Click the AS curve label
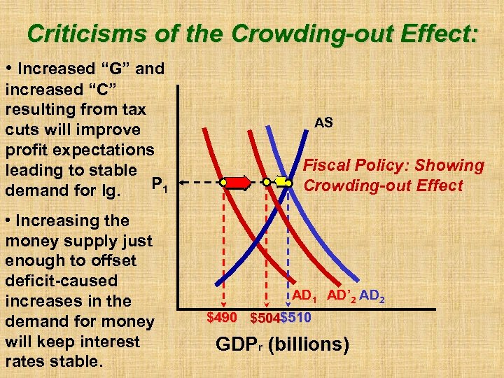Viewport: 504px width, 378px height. (323, 122)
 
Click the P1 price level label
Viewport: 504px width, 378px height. (159, 185)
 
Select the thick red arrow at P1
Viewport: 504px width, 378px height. (237, 183)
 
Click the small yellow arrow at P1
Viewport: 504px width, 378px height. (281, 182)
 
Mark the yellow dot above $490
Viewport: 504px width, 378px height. (223, 182)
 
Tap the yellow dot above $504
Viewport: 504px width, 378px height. (267, 182)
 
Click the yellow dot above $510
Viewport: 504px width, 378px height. (289, 182)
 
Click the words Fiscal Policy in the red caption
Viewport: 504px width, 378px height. (350, 166)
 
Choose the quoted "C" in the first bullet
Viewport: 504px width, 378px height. (104, 90)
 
